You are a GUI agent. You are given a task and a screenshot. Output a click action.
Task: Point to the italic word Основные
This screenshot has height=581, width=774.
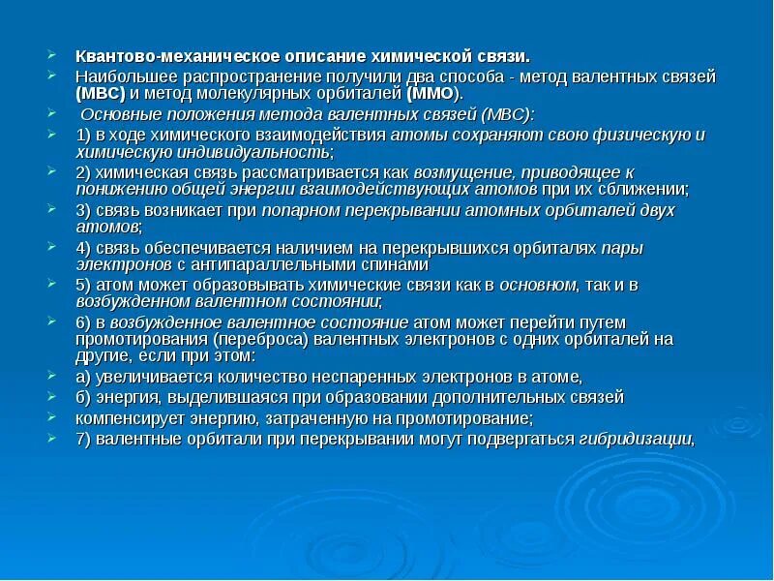116,113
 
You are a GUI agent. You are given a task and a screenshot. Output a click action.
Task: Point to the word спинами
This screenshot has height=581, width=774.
394,264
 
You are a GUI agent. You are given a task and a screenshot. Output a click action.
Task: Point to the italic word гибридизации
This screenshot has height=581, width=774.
637,438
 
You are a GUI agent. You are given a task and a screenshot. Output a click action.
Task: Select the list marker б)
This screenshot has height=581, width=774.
84,397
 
